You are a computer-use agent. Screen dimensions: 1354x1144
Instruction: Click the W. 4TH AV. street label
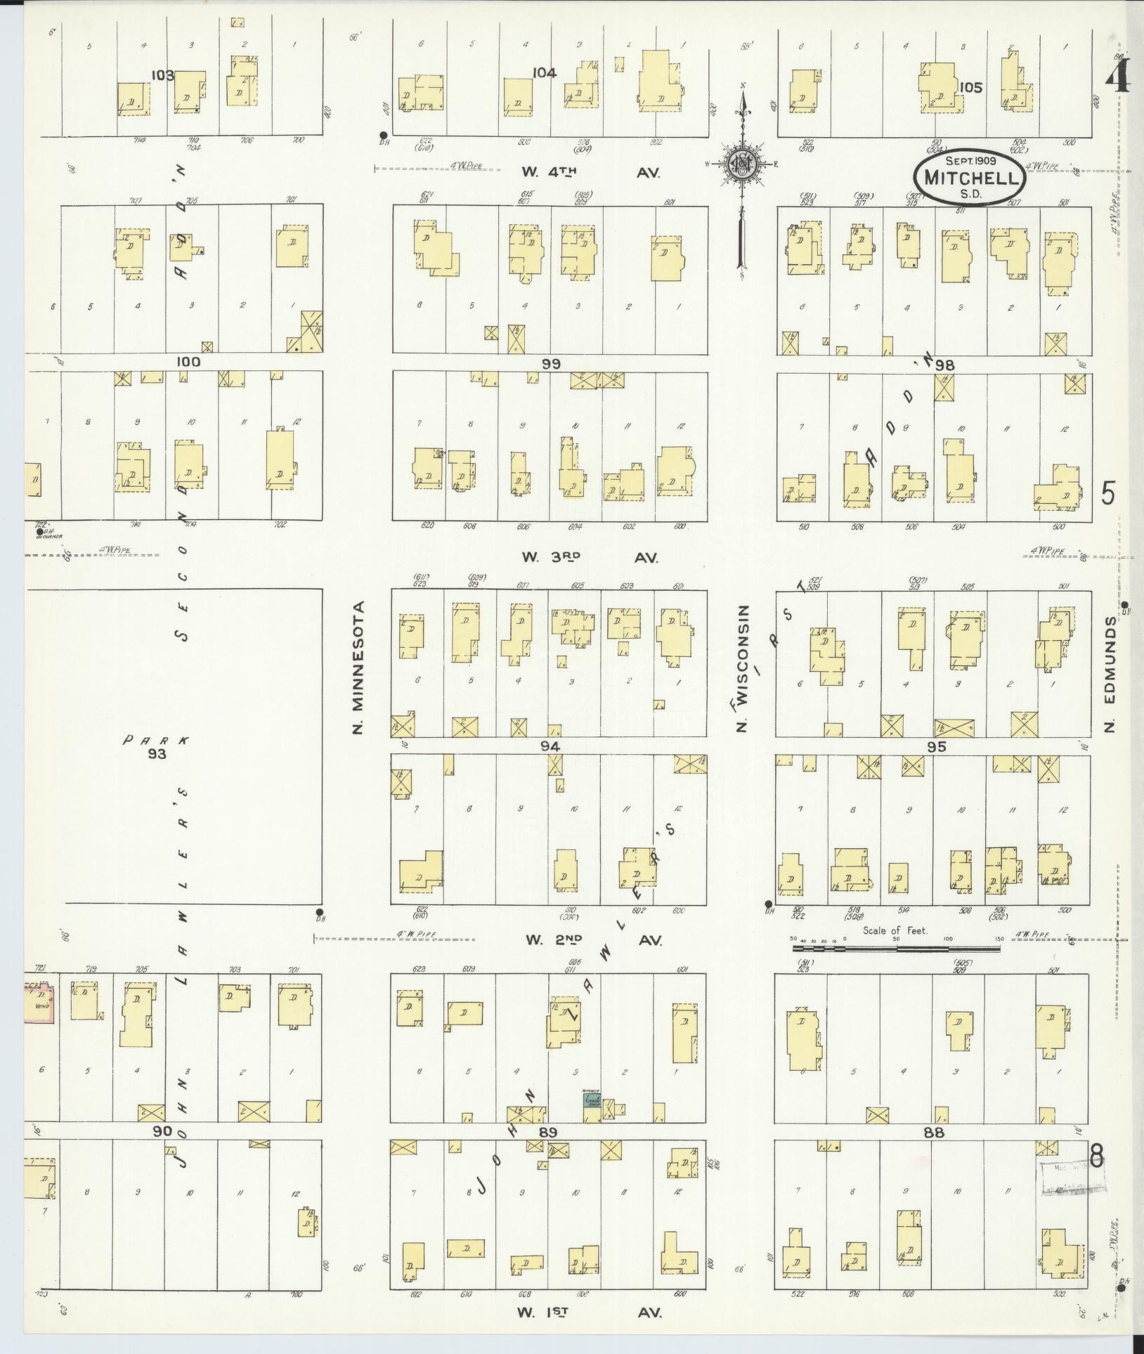pos(590,172)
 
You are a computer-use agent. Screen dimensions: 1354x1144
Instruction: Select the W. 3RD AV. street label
pos(590,557)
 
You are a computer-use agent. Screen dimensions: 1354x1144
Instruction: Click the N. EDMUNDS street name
pos(1110,675)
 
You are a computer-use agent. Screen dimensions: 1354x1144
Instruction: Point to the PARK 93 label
pos(156,747)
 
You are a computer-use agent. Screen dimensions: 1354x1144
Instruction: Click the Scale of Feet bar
pos(896,948)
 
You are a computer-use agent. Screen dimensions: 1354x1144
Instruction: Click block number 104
pos(544,73)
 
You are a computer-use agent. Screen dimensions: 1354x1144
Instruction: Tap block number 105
pos(973,88)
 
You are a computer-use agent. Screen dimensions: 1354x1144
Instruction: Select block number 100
pos(188,363)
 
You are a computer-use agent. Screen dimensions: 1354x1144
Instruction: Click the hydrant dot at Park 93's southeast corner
pos(319,911)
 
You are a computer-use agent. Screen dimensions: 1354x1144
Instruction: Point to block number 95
pos(937,747)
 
